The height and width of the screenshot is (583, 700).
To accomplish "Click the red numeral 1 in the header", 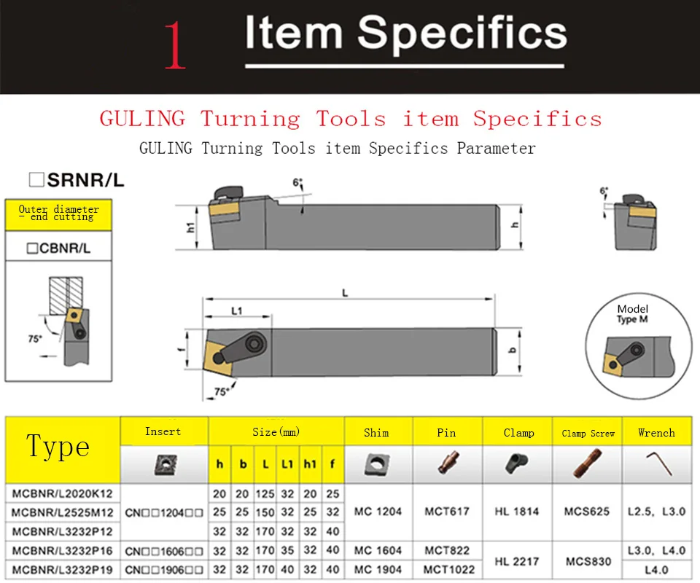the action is coord(174,45).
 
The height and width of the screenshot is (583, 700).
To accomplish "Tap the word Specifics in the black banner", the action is coord(462,34).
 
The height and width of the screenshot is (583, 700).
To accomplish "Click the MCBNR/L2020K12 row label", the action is coord(62,493).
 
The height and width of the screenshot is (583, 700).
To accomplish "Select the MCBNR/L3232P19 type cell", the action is coord(62,569).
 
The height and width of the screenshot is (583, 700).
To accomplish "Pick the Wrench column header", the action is coord(656,432).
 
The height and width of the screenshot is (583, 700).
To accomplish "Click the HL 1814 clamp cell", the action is coord(517,512).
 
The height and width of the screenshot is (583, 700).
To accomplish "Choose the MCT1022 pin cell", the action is coord(446,569).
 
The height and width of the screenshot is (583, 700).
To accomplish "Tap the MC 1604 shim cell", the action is coord(378,550).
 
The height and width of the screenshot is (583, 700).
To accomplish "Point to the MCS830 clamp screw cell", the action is coord(587,560).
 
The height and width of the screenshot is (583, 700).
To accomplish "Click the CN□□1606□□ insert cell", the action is coord(164,550).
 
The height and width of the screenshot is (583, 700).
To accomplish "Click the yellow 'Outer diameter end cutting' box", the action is coord(58,214).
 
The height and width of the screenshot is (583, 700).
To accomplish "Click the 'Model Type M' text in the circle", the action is coord(632,314).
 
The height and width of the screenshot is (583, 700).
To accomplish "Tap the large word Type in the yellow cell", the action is coord(58,446).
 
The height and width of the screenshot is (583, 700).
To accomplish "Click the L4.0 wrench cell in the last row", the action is coord(656,569).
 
